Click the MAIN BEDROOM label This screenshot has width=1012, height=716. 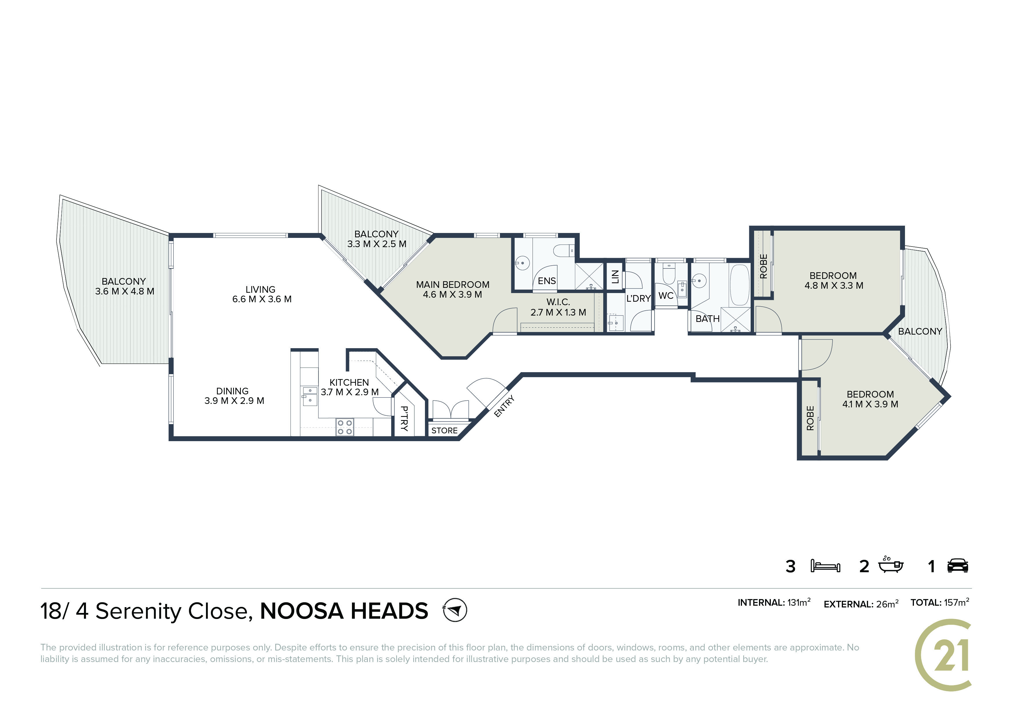coord(453,285)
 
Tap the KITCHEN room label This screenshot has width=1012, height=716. coord(349,383)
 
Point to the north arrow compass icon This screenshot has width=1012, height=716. coord(455,610)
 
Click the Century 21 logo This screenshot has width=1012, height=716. coord(944,655)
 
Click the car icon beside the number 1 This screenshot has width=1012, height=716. coord(958,566)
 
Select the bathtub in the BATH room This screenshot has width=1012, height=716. coord(740,285)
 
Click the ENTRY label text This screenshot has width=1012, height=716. coord(504,406)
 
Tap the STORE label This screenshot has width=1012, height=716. coord(444,430)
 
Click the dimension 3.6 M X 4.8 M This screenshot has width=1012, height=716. coord(125,292)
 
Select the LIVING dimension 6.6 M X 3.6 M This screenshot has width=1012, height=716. coord(262,299)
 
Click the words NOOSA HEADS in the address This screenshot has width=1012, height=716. coord(344,611)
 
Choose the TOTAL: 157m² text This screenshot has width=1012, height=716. coord(940,603)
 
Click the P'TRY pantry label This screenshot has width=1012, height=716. coord(404,418)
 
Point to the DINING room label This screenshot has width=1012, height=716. coord(232,391)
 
